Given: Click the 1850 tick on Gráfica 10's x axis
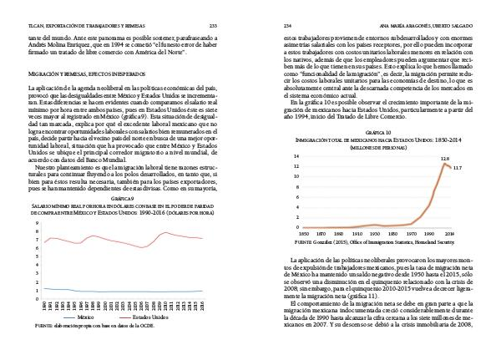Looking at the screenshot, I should [305, 234].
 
